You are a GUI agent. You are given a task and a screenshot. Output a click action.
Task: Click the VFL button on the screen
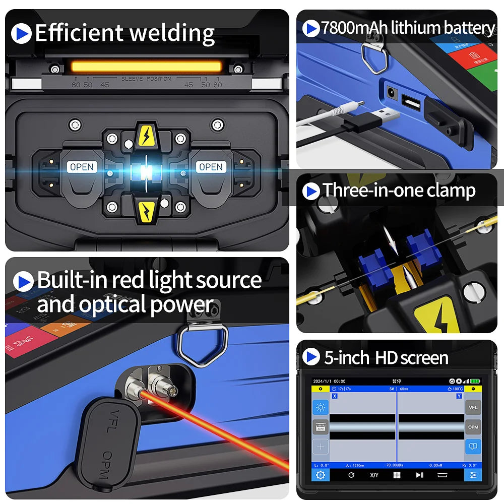pyautogui.click(x=473, y=407)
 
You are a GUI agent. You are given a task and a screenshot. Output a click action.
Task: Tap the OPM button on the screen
pyautogui.click(x=473, y=427)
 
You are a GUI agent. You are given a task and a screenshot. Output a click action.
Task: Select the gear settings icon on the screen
pyautogui.click(x=320, y=475)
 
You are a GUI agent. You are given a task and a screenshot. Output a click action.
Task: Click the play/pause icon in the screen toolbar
pyautogui.click(x=419, y=475)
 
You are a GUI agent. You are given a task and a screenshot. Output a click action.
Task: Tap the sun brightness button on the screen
pyautogui.click(x=320, y=407)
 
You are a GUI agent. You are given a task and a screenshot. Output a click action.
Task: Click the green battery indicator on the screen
pyautogui.click(x=475, y=381)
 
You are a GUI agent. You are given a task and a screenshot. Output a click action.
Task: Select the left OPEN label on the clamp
pyautogui.click(x=82, y=167)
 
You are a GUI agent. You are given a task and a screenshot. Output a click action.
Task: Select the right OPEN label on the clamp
pyautogui.click(x=211, y=167)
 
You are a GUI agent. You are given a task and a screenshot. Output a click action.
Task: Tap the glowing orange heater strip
pyautogui.click(x=146, y=67)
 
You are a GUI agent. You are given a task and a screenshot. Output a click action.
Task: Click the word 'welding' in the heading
pyautogui.click(x=171, y=34)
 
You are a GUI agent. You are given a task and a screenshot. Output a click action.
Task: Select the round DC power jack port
pyautogui.click(x=390, y=93)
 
